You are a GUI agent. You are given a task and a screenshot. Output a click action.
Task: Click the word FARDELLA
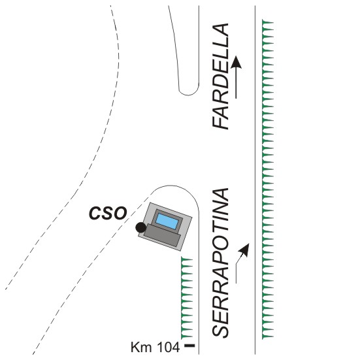coord(221,76)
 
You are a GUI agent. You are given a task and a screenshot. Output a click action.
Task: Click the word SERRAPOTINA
coord(221,263)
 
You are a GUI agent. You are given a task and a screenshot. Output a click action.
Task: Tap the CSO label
coord(108,213)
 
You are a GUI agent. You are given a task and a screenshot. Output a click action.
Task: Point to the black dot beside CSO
coord(140,227)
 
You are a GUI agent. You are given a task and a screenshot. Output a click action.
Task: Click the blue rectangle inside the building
coord(167,221)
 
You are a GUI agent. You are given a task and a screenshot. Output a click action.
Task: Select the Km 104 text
coord(155,347)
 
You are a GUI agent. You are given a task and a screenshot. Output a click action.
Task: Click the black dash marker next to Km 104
coord(189,345)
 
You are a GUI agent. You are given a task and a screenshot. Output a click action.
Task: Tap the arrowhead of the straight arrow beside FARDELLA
coord(236,62)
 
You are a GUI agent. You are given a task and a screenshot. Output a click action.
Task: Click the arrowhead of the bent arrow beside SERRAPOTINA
coord(245,250)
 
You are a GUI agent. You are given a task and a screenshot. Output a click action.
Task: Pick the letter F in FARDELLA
coord(221,122)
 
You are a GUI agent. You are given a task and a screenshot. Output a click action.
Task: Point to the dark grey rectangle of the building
coord(162,236)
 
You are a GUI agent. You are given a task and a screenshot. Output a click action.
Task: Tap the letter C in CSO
coord(95,214)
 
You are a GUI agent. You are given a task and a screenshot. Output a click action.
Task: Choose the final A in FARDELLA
coord(221,30)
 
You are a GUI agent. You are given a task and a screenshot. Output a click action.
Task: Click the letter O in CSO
coord(120,214)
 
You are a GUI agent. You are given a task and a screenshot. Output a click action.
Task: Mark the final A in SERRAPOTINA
coord(221,195)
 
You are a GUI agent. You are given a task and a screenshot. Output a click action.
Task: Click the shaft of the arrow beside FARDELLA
coord(236,83)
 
